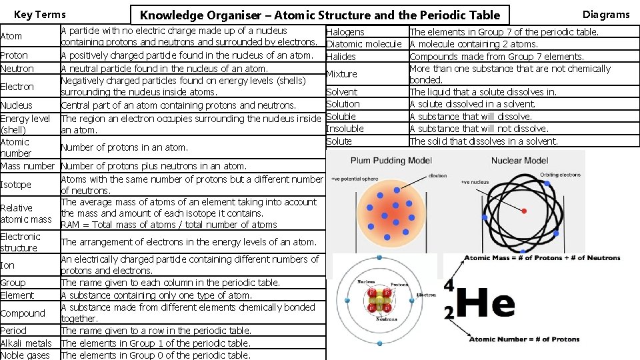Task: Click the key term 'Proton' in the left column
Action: point(15,56)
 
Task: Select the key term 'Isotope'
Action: point(16,185)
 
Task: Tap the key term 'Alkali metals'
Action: point(26,343)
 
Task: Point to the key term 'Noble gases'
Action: point(25,355)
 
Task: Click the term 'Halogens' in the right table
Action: point(345,32)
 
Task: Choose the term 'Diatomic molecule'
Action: point(363,44)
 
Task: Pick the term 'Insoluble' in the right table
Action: point(345,129)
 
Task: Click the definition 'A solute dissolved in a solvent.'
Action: point(472,104)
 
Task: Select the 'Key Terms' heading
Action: point(40,15)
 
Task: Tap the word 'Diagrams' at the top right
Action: point(605,15)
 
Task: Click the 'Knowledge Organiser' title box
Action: point(320,15)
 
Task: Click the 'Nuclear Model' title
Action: point(519,161)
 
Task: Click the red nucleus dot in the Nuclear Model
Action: point(523,211)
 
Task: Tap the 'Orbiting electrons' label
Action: point(561,175)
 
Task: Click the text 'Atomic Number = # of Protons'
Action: point(524,339)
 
